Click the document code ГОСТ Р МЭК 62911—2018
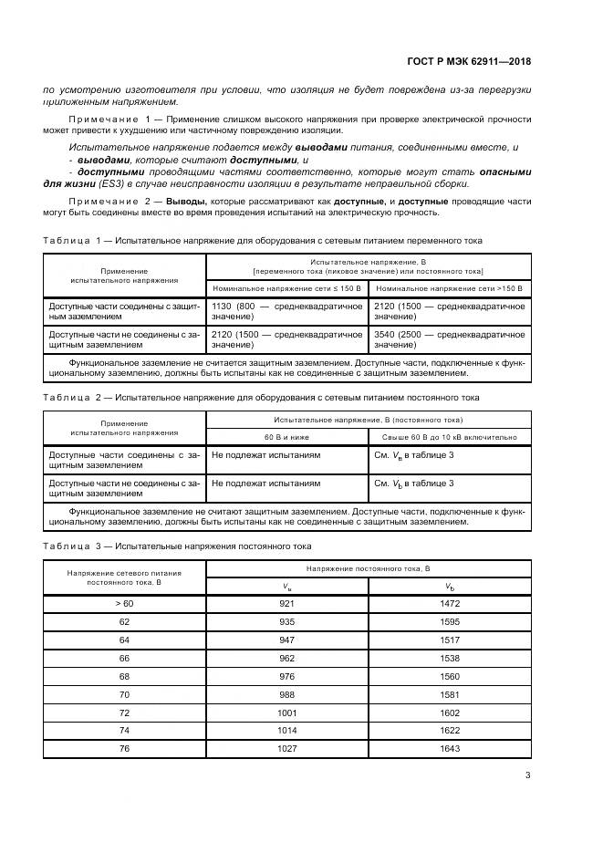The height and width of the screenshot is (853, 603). (468, 62)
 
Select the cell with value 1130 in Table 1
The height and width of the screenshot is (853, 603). (222, 307)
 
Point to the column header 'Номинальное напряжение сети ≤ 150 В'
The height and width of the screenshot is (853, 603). (286, 287)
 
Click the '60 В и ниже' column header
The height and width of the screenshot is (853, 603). (286, 437)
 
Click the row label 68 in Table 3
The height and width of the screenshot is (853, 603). (124, 676)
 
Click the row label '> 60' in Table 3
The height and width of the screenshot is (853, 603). (124, 604)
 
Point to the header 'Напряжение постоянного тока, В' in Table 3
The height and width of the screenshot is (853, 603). (369, 568)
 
